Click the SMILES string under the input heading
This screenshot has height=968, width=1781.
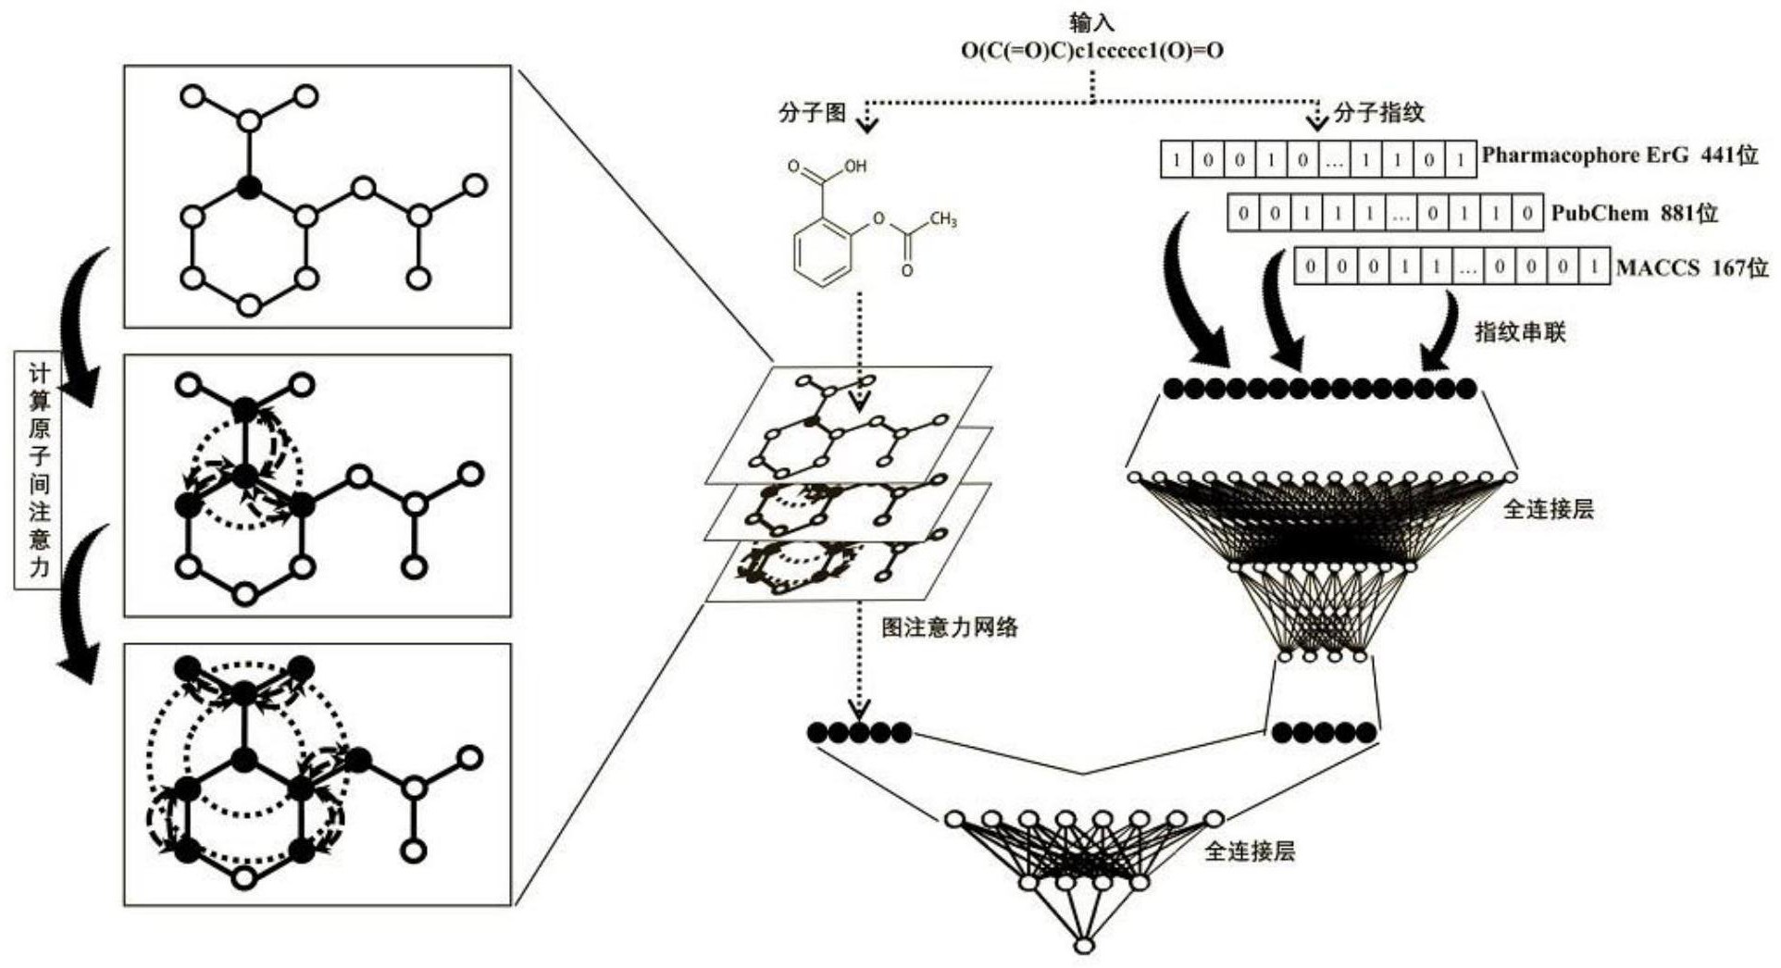click(x=1091, y=51)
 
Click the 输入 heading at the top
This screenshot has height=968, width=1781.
click(x=1091, y=22)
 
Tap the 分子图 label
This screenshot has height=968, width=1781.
click(x=812, y=113)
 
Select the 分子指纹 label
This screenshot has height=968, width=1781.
click(x=1378, y=113)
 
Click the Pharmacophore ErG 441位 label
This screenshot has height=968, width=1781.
click(x=1619, y=155)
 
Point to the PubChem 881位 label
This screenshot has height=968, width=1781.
click(x=1634, y=214)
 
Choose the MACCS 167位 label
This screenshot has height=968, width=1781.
click(x=1691, y=268)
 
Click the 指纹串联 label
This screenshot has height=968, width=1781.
click(x=1519, y=331)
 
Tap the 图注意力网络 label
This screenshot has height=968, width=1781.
click(x=949, y=627)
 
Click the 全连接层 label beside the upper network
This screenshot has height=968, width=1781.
click(x=1548, y=509)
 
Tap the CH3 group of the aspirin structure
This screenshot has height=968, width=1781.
click(x=942, y=220)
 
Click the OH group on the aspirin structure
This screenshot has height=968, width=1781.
click(x=853, y=167)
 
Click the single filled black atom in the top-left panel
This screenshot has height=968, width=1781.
click(x=248, y=188)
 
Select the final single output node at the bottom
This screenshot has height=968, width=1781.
click(x=1083, y=946)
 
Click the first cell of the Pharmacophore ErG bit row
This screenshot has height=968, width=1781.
click(x=1177, y=159)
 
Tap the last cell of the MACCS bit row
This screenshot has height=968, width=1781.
click(x=1594, y=267)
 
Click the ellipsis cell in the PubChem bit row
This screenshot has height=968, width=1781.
click(x=1401, y=214)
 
